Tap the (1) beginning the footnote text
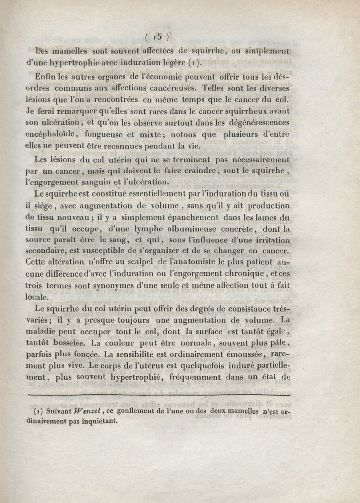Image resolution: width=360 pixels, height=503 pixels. click(39, 411)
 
